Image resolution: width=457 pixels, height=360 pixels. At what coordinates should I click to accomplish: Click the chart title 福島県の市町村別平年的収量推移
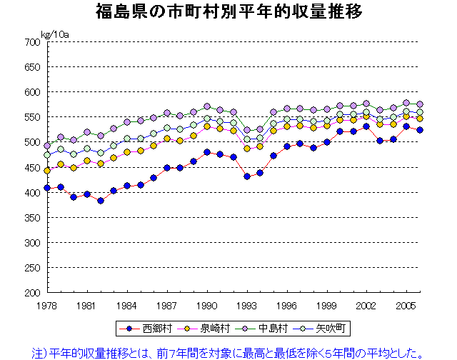(228, 11)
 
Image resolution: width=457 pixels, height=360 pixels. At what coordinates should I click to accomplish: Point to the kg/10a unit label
(55, 34)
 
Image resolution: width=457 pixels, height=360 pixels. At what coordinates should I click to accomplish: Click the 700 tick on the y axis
(31, 42)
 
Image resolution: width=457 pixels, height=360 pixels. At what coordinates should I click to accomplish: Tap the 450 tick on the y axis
(31, 168)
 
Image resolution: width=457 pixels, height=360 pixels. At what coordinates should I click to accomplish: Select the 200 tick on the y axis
(31, 293)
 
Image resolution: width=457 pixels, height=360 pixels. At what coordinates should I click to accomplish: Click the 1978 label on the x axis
(47, 305)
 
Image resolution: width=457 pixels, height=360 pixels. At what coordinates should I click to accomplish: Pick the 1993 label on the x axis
(247, 305)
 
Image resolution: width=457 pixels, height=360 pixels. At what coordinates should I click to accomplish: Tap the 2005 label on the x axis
(407, 305)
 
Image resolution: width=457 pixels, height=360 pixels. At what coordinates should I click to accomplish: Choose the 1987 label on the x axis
(167, 305)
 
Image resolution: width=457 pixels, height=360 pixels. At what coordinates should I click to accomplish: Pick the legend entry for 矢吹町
(325, 329)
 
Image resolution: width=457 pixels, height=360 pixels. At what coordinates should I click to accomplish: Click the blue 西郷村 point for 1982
(101, 201)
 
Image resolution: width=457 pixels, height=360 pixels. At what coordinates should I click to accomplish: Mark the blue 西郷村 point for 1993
(247, 176)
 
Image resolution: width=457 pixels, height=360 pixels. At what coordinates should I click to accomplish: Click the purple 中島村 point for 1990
(207, 107)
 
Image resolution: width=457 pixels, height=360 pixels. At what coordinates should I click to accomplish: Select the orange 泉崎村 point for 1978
(47, 171)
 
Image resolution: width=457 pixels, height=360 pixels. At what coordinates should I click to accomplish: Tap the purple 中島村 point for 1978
(47, 146)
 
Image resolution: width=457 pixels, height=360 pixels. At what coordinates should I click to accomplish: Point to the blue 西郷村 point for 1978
(47, 188)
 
